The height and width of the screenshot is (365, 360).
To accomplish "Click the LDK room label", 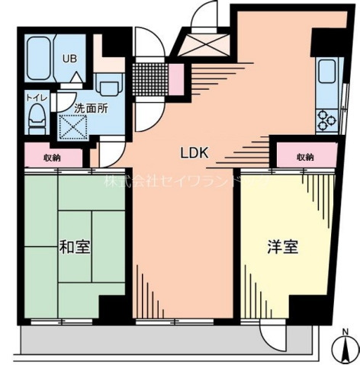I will [194, 152].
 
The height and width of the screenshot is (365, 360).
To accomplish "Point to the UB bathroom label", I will [69, 58].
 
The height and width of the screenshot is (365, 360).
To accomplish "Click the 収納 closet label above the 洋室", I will [305, 157].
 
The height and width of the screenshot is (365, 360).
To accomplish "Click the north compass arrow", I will [346, 350].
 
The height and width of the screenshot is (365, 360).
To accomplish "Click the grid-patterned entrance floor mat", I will [149, 76].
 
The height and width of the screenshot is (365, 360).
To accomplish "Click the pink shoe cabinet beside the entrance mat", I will [175, 78].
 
